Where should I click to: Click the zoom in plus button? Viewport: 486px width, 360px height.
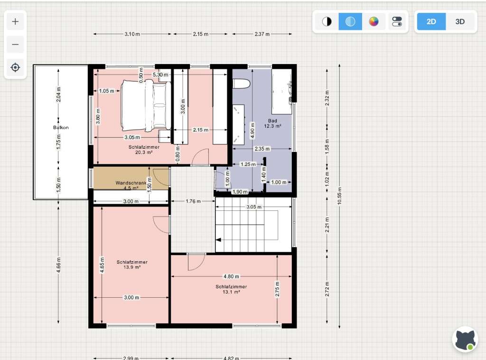tap(15, 22)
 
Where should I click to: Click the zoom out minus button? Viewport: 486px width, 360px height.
tap(15, 45)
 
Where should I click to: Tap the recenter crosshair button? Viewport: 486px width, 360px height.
tap(15, 67)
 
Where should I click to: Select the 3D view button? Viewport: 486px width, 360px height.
tap(460, 22)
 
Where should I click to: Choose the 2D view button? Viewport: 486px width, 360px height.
tap(431, 22)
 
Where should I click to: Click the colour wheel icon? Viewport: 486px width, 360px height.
tap(374, 22)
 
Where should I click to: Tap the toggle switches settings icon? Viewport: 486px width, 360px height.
tap(397, 22)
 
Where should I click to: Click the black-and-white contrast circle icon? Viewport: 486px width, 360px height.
tap(327, 22)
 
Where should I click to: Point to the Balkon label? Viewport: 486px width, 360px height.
tap(61, 127)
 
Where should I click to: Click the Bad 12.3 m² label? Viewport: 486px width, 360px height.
tap(272, 123)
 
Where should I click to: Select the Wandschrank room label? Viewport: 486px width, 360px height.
tap(131, 183)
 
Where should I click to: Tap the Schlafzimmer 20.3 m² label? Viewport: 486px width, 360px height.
tap(144, 150)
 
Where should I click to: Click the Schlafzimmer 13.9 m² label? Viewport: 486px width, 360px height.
tap(132, 265)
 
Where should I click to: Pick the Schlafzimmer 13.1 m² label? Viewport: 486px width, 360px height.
tap(231, 289)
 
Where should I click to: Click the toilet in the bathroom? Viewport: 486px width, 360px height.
tap(242, 84)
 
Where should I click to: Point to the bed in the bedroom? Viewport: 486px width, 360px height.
tap(146, 106)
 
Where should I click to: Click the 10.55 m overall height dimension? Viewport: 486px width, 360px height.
tap(340, 196)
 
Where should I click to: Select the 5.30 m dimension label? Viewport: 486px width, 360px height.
tap(160, 75)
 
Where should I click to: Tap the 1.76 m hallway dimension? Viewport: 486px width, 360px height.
tap(193, 201)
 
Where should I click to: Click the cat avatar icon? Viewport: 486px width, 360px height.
tap(465, 340)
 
